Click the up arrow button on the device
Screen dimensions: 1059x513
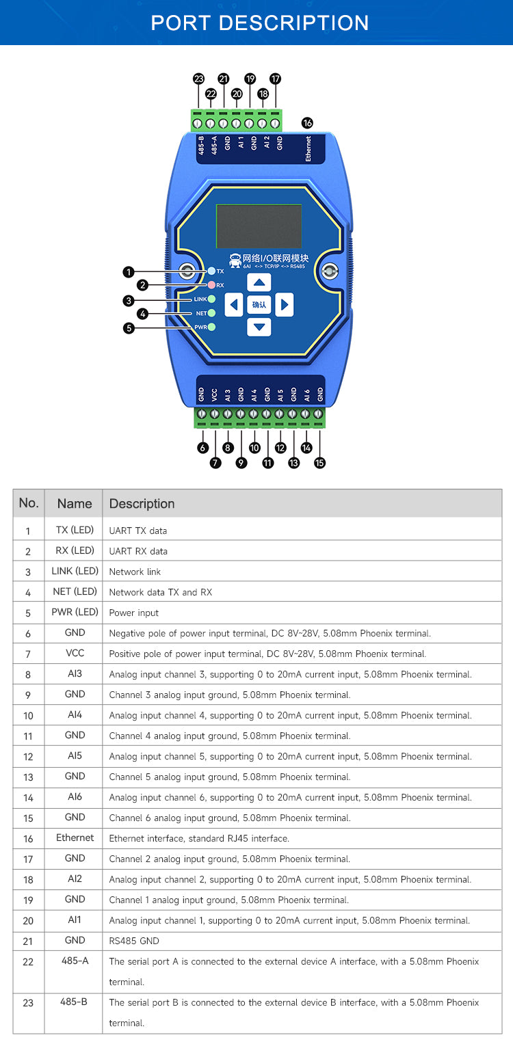(259, 282)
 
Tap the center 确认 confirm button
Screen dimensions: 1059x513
(259, 304)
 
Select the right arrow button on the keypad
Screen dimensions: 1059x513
(285, 304)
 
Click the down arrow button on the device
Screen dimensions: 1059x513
(259, 327)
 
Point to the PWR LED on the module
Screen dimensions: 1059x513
(212, 327)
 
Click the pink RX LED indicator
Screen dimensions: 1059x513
(212, 284)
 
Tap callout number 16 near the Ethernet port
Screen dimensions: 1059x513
(307, 123)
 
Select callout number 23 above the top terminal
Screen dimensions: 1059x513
(198, 79)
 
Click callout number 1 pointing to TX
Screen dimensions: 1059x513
(129, 272)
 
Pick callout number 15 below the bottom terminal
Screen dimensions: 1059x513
(319, 463)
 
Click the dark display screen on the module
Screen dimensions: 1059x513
(259, 226)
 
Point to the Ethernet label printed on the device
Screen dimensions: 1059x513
(308, 148)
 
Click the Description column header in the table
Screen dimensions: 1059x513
(142, 504)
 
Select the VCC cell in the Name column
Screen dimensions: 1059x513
(75, 654)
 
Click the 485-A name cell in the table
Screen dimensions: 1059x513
(75, 961)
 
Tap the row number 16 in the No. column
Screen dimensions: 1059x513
(28, 838)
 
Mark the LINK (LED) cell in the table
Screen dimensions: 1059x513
(75, 571)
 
